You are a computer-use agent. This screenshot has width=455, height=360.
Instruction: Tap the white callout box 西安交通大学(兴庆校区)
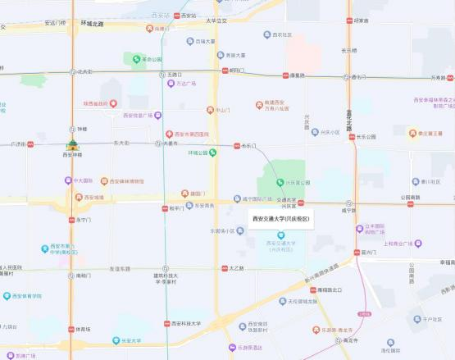[x=280, y=219]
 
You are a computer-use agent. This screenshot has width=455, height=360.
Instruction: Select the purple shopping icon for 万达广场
[x=170, y=83]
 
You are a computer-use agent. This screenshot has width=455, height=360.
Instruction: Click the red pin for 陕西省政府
[x=113, y=103]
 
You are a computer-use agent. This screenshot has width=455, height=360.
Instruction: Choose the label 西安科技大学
[x=187, y=324]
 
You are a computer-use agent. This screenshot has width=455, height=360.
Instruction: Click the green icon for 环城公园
[x=213, y=152]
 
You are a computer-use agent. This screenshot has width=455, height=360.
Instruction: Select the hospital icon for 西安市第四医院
[x=170, y=134]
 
